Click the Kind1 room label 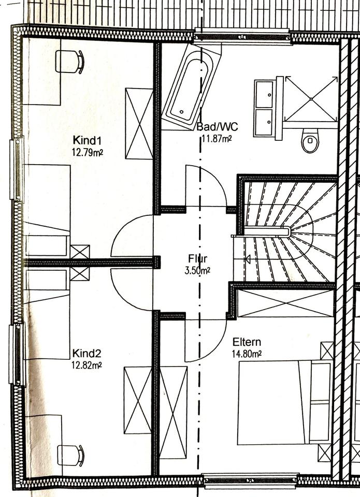(87, 140)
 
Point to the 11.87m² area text (216, 138)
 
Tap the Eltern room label (247, 342)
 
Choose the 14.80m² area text (247, 354)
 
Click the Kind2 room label (87, 354)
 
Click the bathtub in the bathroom (189, 87)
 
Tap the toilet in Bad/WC (310, 140)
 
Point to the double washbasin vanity (265, 108)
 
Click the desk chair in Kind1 (70, 62)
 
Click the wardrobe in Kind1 (139, 124)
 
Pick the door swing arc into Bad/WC (205, 185)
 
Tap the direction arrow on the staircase (247, 259)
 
